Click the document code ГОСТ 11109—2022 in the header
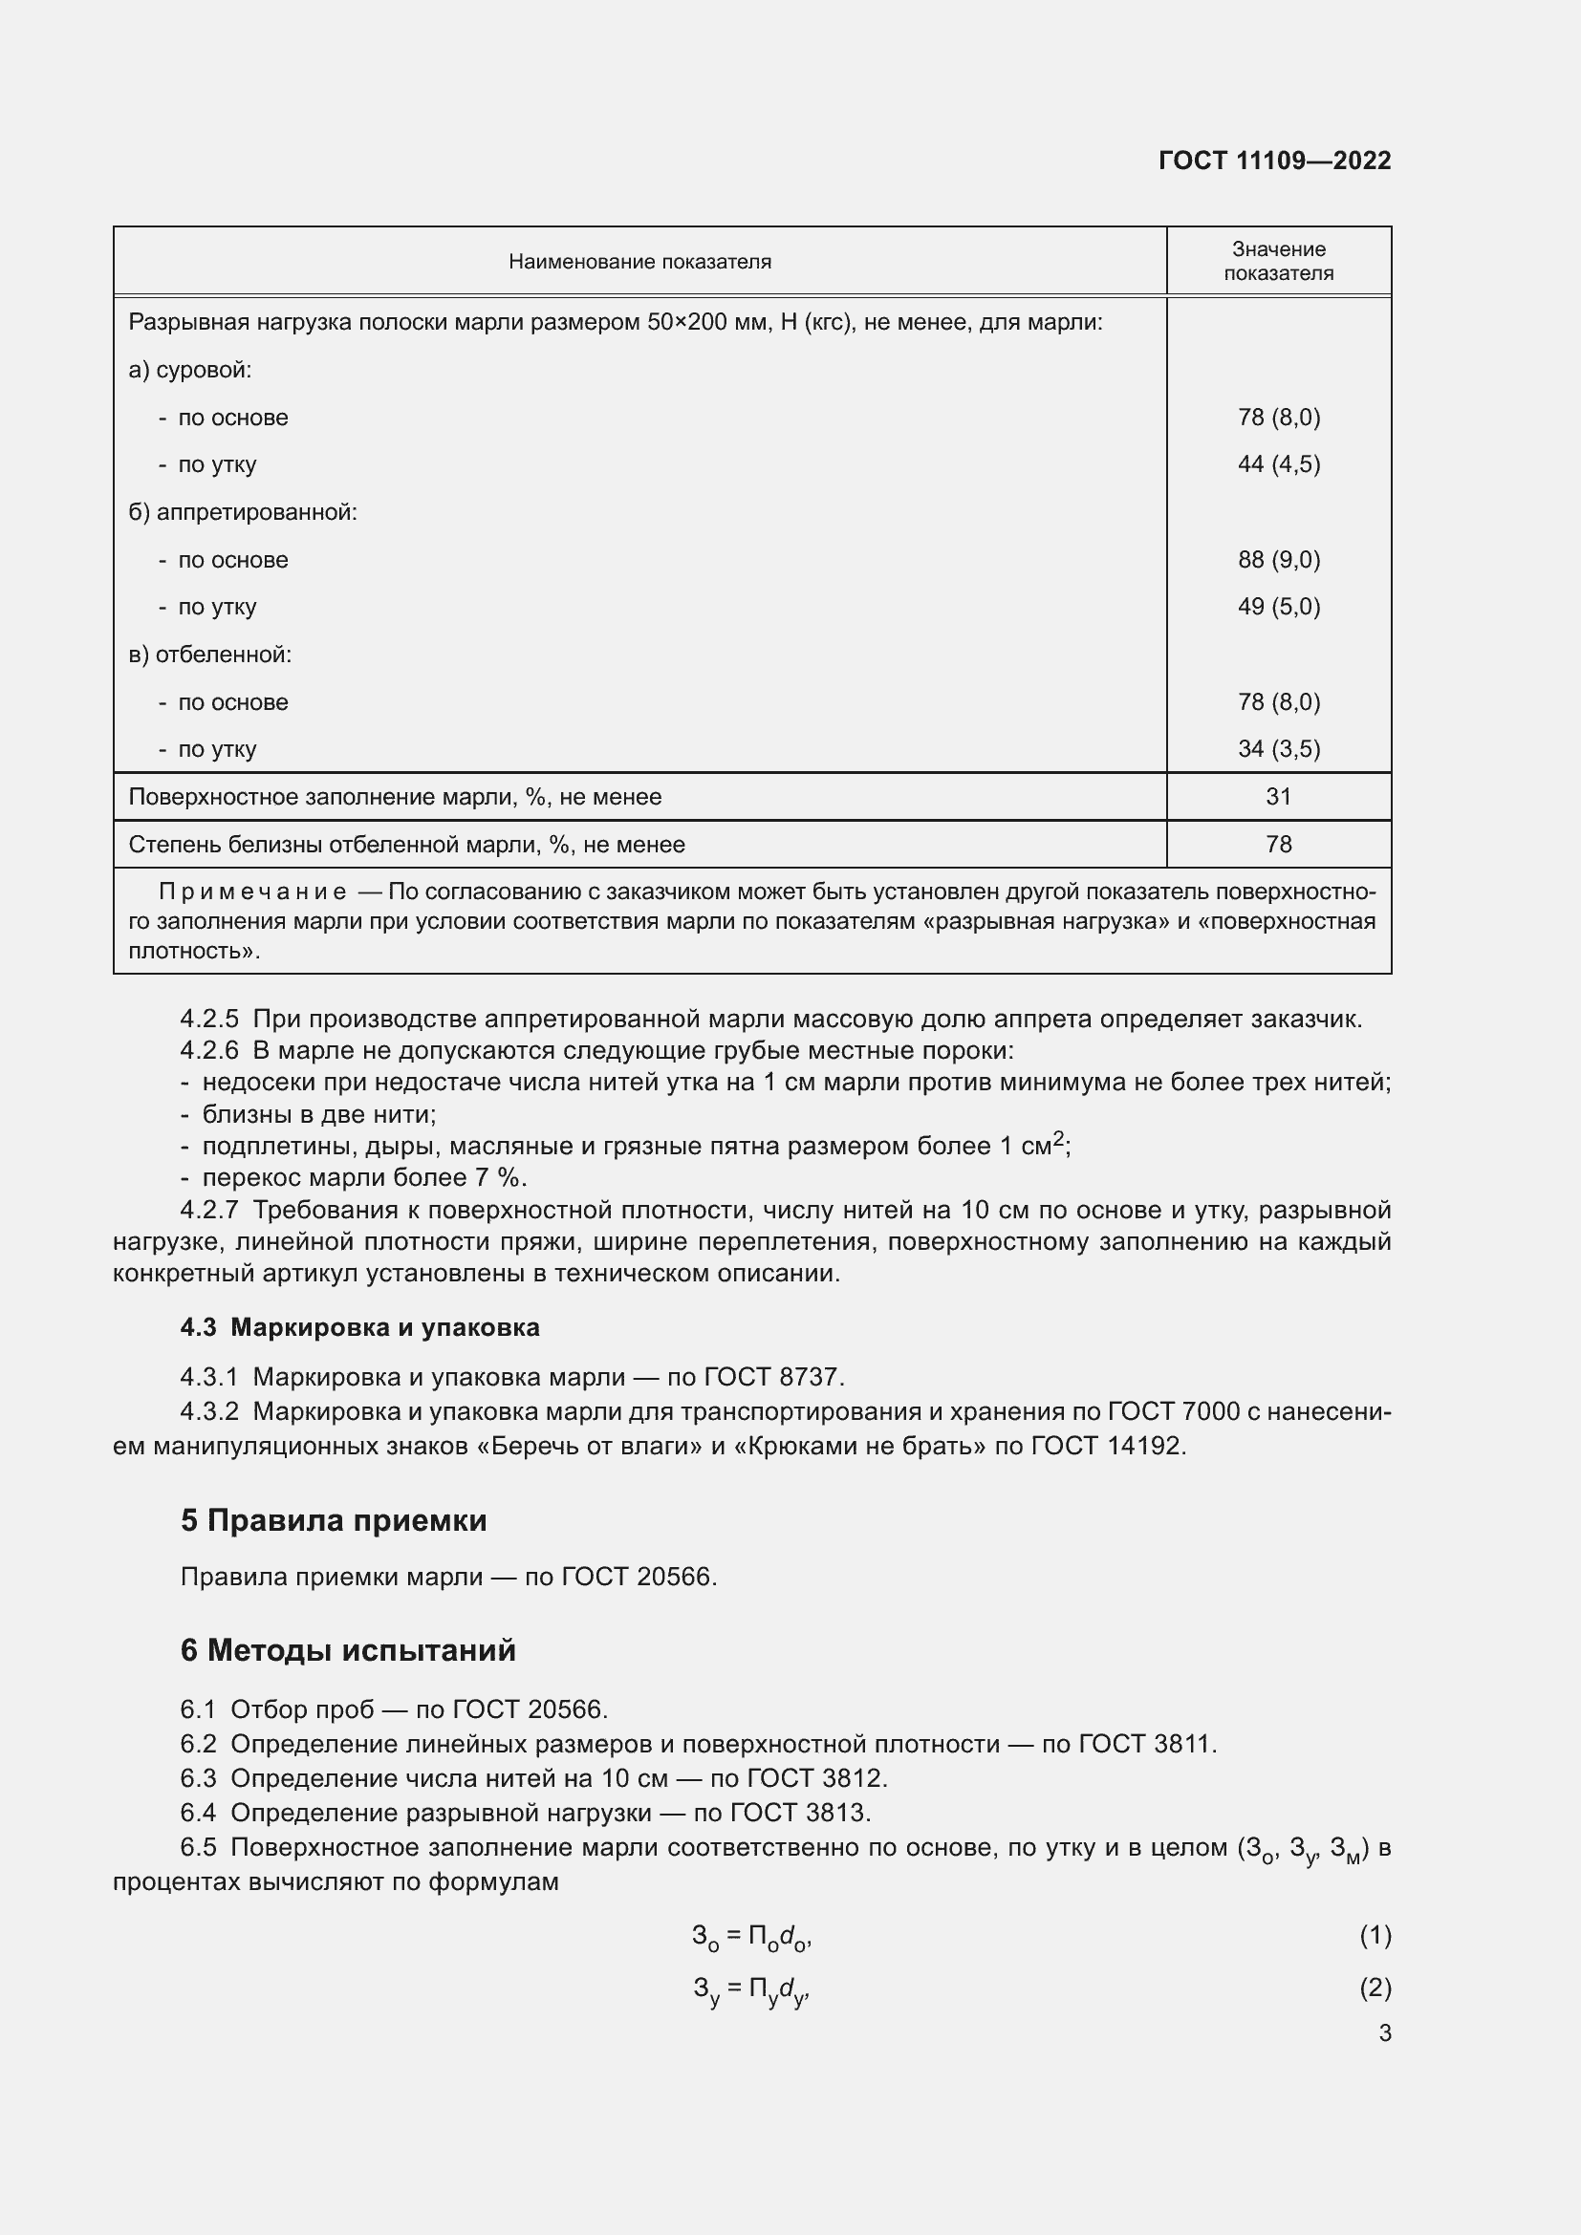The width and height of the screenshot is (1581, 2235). point(1274,161)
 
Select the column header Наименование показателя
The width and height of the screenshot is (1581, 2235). point(639,262)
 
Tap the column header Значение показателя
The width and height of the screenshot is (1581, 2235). point(1278,261)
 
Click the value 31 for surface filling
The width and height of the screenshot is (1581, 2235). point(1278,796)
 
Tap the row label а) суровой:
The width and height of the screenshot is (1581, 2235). point(190,370)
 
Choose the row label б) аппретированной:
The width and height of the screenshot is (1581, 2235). point(243,512)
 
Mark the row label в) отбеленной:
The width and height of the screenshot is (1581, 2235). point(209,655)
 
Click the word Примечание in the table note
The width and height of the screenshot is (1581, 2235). point(252,892)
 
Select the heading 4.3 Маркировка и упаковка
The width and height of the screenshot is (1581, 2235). point(359,1328)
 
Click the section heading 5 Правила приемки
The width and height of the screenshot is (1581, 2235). point(333,1520)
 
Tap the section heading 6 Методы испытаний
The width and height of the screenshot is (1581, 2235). point(348,1650)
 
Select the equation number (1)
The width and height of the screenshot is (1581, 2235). point(1375,1935)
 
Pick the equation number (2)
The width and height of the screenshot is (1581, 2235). point(1375,1987)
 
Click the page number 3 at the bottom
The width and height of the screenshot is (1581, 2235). point(1384,2032)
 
